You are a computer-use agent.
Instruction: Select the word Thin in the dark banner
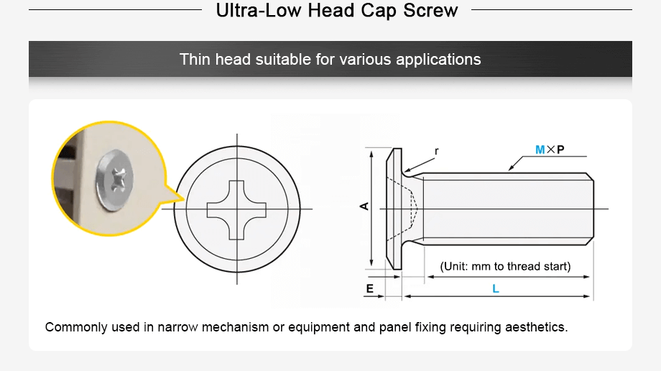coord(195,59)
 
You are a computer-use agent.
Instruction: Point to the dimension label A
coord(364,206)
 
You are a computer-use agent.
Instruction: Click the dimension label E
coord(369,289)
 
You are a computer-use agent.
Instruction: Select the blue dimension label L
coord(496,289)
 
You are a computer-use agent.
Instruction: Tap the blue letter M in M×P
coord(540,150)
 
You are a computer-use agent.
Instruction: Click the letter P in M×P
coord(560,150)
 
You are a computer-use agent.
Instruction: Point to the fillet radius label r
coord(436,152)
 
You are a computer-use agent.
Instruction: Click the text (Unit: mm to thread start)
coord(505,266)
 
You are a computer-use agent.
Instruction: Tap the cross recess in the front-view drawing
coord(237,209)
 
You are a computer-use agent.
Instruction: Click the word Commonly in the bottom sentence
coord(75,327)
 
